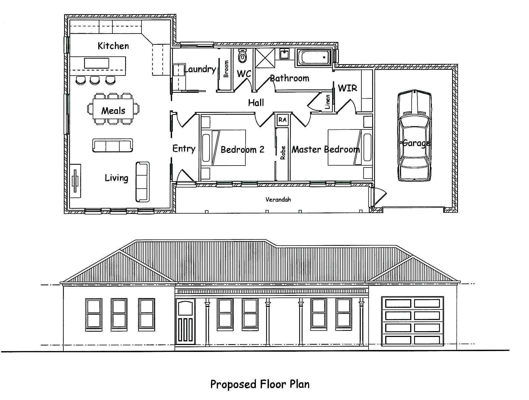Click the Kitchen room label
[x=113, y=46]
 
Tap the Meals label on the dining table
[x=113, y=111]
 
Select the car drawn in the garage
[x=415, y=136]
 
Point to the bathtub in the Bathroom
[x=313, y=57]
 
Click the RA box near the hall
[x=282, y=120]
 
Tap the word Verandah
[x=278, y=199]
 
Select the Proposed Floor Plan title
[x=260, y=384]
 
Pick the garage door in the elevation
[x=412, y=321]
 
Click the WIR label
[x=347, y=88]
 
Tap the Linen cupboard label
[x=328, y=102]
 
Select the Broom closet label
[x=226, y=69]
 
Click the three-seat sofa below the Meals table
[x=112, y=145]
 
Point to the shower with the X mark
[x=265, y=58]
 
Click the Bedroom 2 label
[x=242, y=150]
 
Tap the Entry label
[x=184, y=149]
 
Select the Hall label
[x=256, y=103]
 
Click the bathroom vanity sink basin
[x=284, y=54]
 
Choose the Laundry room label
[x=200, y=69]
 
